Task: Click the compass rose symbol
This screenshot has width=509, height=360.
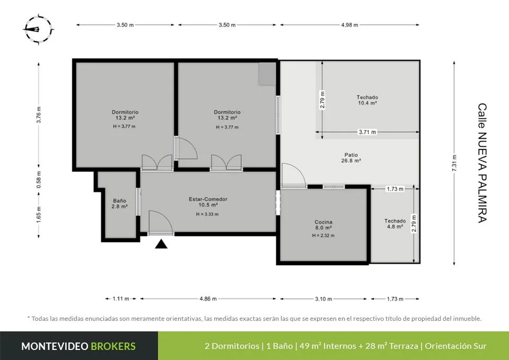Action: pos(38,29)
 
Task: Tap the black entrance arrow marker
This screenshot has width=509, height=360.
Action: pos(161,244)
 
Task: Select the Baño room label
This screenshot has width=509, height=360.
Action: pos(119,203)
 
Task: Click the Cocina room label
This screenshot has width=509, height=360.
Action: pos(323,225)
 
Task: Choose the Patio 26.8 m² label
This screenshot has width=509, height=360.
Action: pos(351,157)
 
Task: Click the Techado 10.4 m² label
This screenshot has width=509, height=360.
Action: pos(367,100)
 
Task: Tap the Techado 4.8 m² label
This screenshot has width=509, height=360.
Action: pos(394,224)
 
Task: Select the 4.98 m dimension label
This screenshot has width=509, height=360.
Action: pos(349,25)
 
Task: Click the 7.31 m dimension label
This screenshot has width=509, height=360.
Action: pos(454,163)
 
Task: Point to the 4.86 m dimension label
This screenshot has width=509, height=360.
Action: pos(208,299)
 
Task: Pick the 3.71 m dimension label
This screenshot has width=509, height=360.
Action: pos(367,132)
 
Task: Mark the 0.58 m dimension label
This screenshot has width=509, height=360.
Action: pos(39,180)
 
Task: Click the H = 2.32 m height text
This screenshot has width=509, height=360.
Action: pos(323,236)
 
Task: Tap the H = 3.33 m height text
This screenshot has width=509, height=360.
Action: pos(207,214)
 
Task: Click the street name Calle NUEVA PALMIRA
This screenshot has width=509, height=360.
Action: pos(482,163)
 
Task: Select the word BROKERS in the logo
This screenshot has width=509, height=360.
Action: pos(113,346)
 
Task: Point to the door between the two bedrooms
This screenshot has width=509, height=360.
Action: pos(186,148)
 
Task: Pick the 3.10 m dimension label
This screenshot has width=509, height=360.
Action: pos(323,299)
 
